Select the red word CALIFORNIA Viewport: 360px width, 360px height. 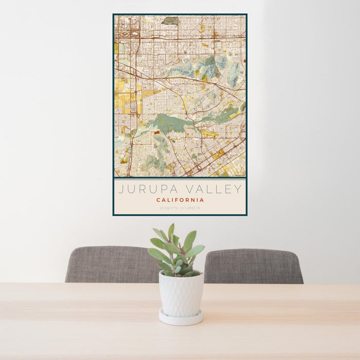click(x=180, y=200)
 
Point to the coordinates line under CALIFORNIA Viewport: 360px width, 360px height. click(x=180, y=208)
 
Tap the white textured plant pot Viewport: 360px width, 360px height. click(x=181, y=296)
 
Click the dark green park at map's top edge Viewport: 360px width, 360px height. click(x=170, y=21)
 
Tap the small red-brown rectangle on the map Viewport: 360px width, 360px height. click(x=157, y=132)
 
